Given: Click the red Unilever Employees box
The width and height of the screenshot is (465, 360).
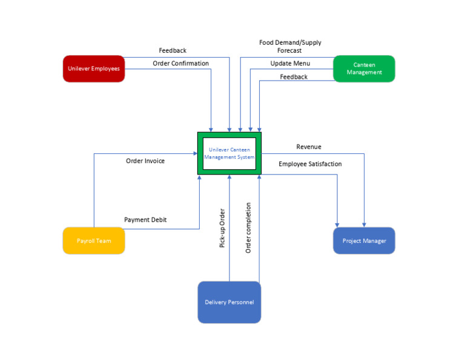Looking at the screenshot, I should click(94, 68).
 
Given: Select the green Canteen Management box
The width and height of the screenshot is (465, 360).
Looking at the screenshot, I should click(364, 68).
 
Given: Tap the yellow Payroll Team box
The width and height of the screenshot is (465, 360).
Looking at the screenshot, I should click(94, 241).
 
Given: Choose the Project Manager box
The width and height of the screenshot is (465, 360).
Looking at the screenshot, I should click(364, 241).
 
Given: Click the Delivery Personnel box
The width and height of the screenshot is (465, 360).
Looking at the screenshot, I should click(229, 302).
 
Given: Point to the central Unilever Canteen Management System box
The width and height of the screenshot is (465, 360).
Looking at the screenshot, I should click(229, 153).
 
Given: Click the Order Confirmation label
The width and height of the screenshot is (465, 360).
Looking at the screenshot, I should click(180, 64).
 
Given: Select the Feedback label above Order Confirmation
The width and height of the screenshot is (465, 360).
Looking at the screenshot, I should click(173, 51).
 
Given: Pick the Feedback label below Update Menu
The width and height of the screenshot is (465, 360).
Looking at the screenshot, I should click(294, 77).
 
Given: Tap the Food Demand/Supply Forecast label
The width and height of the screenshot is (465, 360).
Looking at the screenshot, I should click(290, 47).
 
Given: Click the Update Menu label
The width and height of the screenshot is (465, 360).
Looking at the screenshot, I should click(290, 64).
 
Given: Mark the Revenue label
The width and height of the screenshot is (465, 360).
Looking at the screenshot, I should click(309, 147).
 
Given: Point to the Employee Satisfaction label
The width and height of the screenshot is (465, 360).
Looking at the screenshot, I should click(310, 164).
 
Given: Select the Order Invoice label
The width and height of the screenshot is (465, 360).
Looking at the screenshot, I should click(145, 161).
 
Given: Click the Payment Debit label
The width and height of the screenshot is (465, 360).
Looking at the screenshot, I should click(145, 219).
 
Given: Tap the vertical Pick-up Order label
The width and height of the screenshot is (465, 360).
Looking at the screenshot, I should click(222, 228).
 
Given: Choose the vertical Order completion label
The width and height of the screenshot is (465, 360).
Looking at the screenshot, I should click(248, 227).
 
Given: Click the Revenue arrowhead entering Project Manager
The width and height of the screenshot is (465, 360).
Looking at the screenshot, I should click(364, 224).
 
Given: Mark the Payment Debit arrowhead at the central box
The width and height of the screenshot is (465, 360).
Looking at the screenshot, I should click(199, 178).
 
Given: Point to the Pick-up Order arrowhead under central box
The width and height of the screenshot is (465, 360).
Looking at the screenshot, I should click(229, 178).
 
